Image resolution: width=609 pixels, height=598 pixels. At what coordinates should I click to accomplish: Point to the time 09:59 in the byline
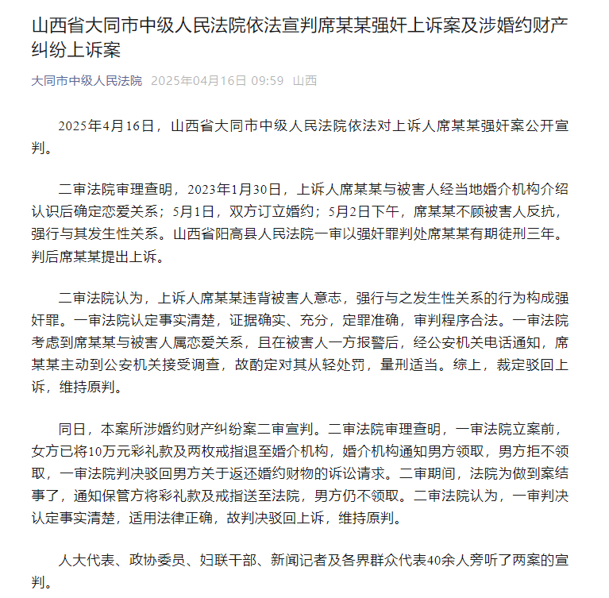pyautogui.click(x=268, y=81)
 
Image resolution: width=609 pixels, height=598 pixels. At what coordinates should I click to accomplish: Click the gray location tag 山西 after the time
pyautogui.click(x=305, y=81)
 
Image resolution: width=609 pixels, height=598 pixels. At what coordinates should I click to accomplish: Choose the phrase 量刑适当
pyautogui.click(x=390, y=365)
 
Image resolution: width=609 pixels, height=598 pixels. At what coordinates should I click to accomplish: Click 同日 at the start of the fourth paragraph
pyautogui.click(x=72, y=430)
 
